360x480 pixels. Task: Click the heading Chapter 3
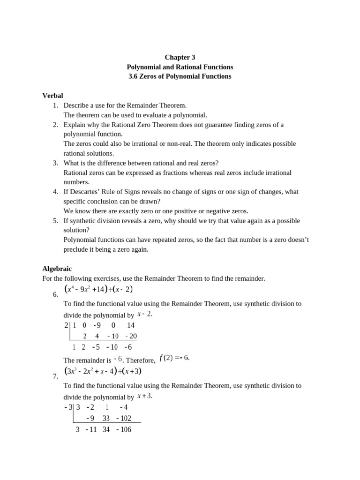[180, 57]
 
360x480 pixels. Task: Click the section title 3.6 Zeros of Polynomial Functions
[180, 76]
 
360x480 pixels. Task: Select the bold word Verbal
[52, 96]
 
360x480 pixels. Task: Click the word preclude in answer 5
[77, 249]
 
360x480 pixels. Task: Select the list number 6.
[55, 294]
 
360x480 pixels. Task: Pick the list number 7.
[55, 376]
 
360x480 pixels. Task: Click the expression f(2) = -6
[174, 358]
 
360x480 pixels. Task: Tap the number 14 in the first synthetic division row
[131, 325]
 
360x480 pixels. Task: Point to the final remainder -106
[124, 429]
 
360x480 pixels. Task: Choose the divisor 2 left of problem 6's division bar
[66, 325]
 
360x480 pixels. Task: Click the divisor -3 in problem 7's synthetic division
[68, 407]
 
